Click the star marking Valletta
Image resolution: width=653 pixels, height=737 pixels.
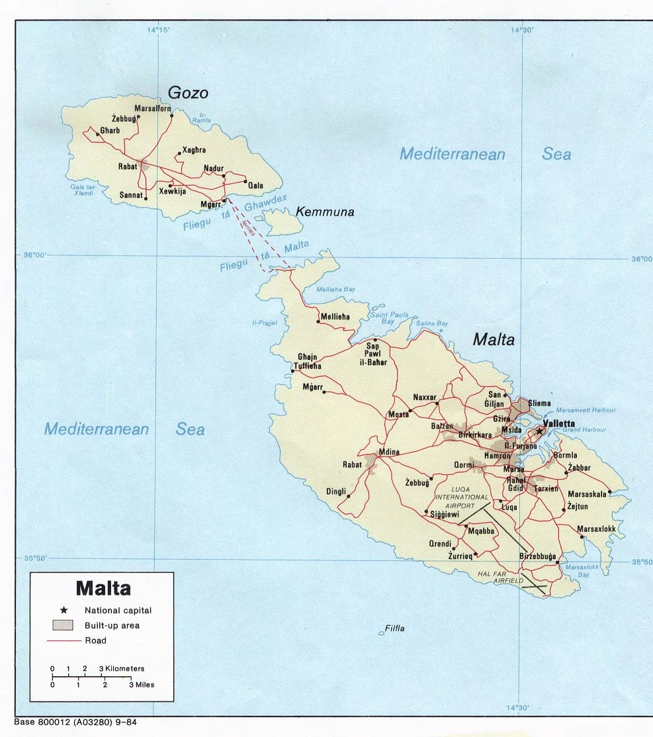(x=539, y=431)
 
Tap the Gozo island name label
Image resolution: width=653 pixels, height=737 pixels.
(x=188, y=93)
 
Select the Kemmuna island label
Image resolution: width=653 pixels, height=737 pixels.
(x=324, y=212)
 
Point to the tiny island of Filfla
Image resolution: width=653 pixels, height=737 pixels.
(x=381, y=633)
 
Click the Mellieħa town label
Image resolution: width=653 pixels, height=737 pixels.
(x=335, y=317)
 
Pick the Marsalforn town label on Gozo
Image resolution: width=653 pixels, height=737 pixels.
(x=152, y=108)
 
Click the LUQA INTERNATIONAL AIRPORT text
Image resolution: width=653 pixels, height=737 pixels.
(x=462, y=496)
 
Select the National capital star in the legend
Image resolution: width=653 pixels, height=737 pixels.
(x=64, y=610)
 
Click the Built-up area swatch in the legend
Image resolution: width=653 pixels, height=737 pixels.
(x=63, y=625)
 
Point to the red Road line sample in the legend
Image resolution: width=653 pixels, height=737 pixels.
(x=64, y=640)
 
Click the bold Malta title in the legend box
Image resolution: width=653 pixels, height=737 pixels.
(x=103, y=588)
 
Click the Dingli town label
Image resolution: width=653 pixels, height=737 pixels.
(x=336, y=492)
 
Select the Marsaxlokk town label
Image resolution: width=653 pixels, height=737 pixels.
(x=596, y=529)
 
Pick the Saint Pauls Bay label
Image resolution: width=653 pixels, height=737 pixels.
(x=389, y=318)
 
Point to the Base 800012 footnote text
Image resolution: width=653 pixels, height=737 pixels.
(x=75, y=722)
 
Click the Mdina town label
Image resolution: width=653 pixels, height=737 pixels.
(x=389, y=453)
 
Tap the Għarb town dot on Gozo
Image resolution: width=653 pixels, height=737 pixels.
(x=97, y=134)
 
